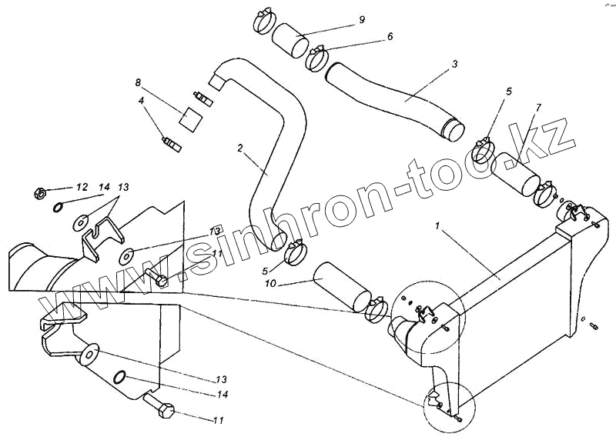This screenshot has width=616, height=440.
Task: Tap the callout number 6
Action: [x=390, y=36]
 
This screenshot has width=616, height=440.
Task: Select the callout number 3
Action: [x=455, y=64]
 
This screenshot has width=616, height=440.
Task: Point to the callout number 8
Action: [x=139, y=82]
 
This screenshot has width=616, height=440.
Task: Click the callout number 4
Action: [x=142, y=100]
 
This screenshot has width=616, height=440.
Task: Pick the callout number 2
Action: [x=240, y=146]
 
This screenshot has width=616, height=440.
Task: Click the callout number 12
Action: [x=82, y=187]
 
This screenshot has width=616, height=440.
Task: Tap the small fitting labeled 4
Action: [x=170, y=143]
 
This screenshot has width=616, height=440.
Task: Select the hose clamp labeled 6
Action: [x=318, y=57]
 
